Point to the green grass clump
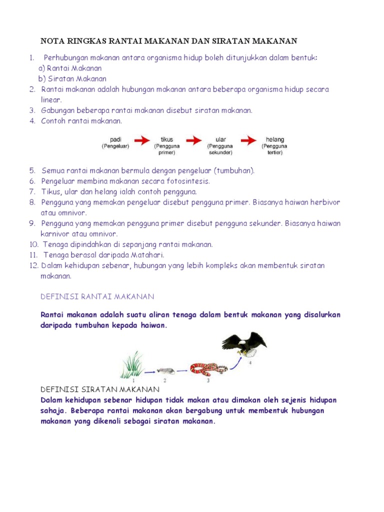coord(132,365)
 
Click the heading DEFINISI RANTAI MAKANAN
coord(97,297)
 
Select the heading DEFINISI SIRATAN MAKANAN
coord(99,389)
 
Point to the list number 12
coord(33,265)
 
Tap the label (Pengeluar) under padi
coord(116,146)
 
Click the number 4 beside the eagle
coord(250,363)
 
